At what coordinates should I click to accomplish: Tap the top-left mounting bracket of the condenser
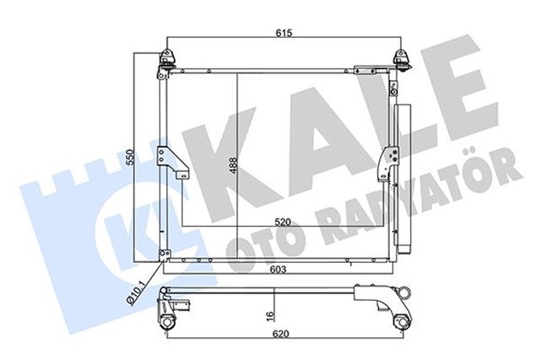point(166,60)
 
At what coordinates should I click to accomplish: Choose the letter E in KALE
point(474,97)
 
